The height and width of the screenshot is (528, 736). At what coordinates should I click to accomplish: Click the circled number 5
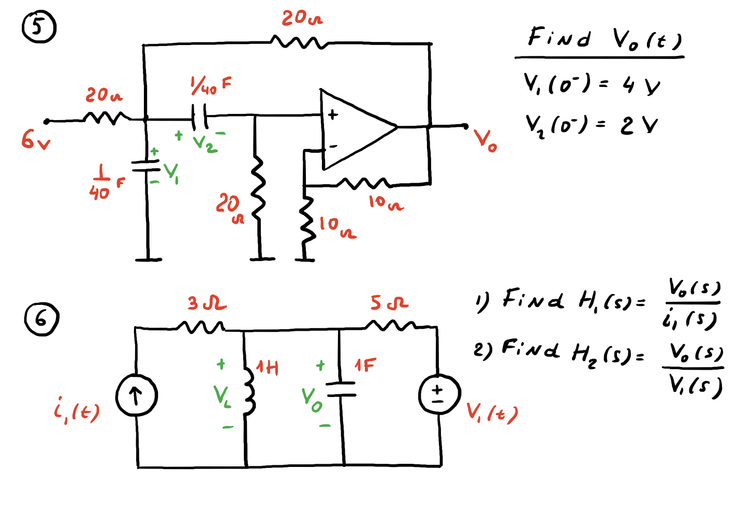click(38, 28)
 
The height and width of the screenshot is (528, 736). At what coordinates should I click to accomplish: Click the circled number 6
click(41, 319)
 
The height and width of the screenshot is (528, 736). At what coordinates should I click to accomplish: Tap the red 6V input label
click(35, 139)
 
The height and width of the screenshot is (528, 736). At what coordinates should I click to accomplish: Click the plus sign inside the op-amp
click(333, 114)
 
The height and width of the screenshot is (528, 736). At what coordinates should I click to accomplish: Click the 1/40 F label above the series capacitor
click(211, 85)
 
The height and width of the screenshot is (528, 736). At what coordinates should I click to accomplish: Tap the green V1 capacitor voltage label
click(171, 173)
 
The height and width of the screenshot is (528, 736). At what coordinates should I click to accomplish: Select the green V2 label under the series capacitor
click(204, 143)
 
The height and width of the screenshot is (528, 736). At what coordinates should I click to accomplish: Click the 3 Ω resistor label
click(207, 303)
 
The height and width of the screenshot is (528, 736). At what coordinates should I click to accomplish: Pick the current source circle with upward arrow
click(136, 396)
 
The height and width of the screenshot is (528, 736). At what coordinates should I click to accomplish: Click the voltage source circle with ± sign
click(439, 395)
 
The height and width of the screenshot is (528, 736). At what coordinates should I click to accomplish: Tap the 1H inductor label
click(268, 368)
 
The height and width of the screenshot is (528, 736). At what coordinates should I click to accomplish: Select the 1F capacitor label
click(365, 365)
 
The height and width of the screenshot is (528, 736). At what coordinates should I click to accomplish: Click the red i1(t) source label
click(76, 410)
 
